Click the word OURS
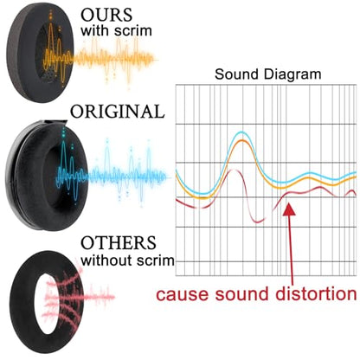point(106,15)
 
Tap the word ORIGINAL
point(118,112)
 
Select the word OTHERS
point(119,243)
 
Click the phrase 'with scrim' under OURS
point(116,30)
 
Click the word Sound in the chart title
point(236,74)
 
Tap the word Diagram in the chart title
point(292,74)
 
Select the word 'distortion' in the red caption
point(316,294)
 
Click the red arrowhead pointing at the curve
point(289,209)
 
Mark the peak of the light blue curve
point(241,132)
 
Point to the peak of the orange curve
point(242,141)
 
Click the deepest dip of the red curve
point(258,222)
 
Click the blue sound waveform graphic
point(111,170)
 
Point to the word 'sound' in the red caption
point(241,294)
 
